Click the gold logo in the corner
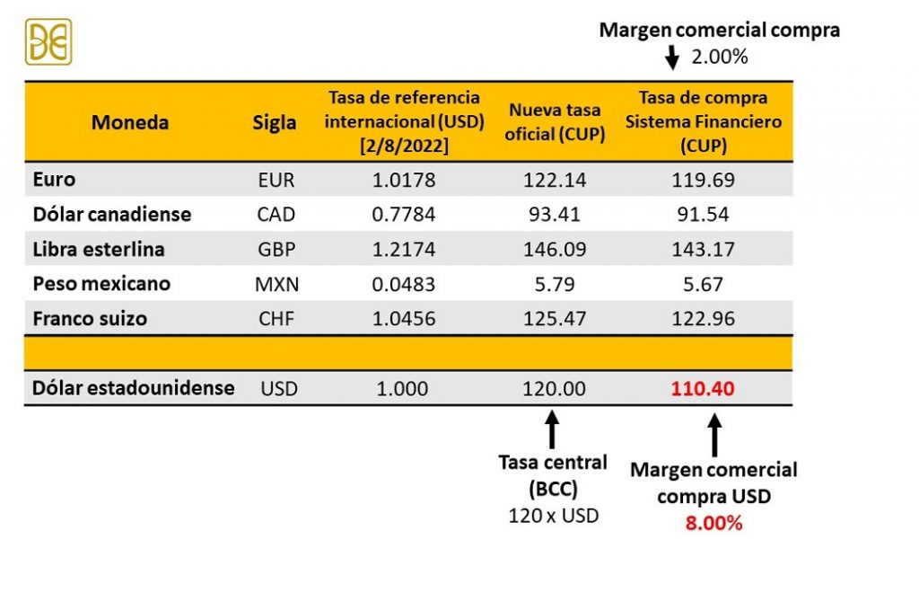(x=48, y=42)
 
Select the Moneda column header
(x=130, y=122)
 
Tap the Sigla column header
(x=275, y=122)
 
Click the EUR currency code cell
(x=276, y=180)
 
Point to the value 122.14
(x=555, y=180)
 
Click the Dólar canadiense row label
(x=112, y=215)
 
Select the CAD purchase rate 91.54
(x=703, y=215)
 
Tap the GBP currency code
(x=276, y=250)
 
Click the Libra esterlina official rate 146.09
(x=555, y=250)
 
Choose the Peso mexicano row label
(x=101, y=284)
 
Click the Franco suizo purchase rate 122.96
(x=703, y=319)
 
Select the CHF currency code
(x=276, y=319)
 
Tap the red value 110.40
(x=703, y=389)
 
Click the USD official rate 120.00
(x=555, y=389)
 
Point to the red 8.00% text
(x=713, y=523)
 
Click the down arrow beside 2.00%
(x=670, y=58)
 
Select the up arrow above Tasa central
(x=552, y=429)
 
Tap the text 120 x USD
(x=553, y=516)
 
